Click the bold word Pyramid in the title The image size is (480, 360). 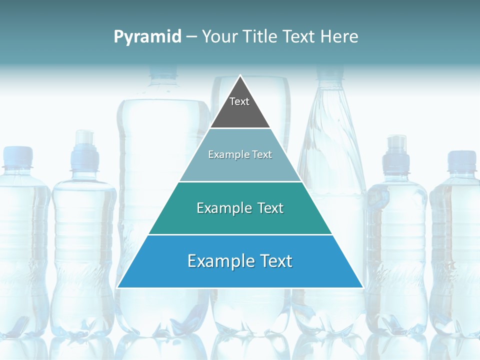click(147, 37)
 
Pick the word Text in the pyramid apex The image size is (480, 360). click(239, 102)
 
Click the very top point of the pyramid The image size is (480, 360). click(240, 76)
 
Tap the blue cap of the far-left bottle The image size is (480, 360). click(18, 156)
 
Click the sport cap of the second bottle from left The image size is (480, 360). click(83, 142)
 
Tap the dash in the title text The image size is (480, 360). click(191, 37)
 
